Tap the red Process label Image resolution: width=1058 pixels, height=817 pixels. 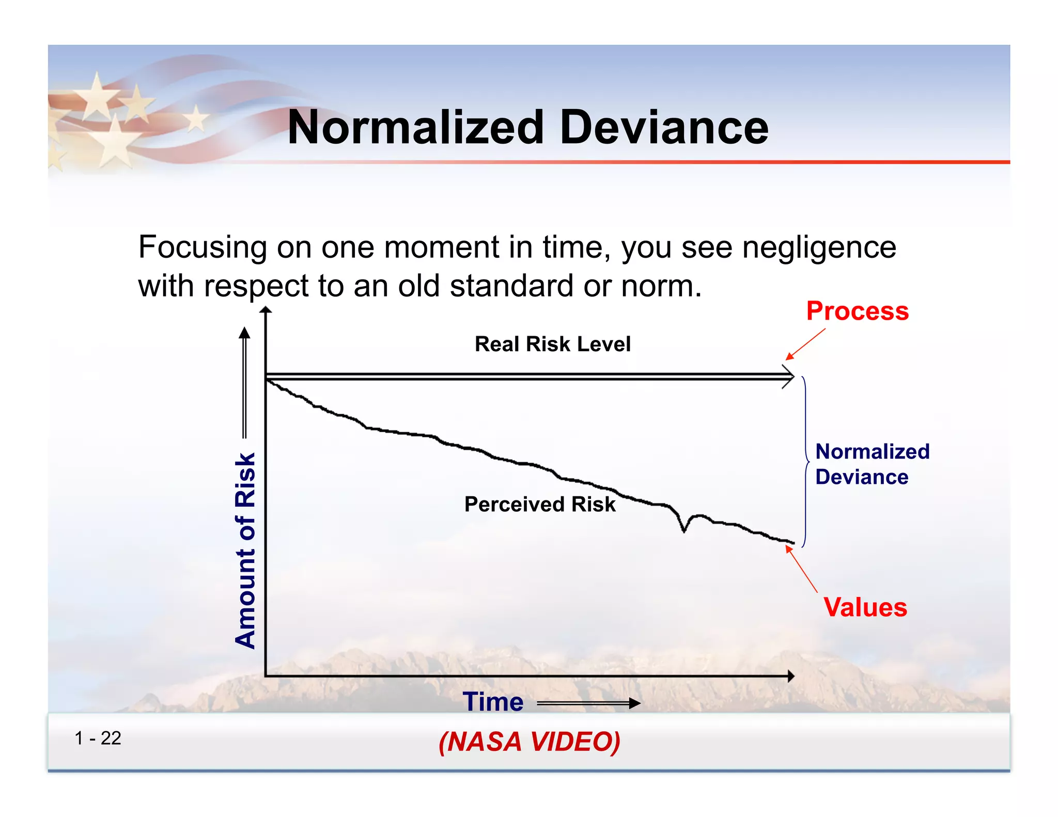[857, 311]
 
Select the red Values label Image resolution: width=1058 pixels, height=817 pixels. [865, 607]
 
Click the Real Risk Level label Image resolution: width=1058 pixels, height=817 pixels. [552, 344]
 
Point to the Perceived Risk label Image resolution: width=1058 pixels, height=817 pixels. [540, 504]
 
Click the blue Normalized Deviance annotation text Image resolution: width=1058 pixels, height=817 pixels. [872, 464]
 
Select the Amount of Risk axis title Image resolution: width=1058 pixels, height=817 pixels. [245, 550]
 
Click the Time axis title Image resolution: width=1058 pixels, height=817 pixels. [493, 702]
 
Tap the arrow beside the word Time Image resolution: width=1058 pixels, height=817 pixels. [589, 703]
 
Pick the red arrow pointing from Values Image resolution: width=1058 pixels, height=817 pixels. [801, 569]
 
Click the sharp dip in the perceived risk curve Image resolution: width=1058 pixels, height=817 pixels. [684, 528]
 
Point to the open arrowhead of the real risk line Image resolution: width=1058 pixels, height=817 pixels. [788, 377]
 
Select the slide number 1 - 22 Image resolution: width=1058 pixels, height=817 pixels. [98, 738]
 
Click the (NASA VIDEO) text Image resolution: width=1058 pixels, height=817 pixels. [529, 742]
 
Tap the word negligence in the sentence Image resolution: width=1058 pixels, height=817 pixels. [819, 247]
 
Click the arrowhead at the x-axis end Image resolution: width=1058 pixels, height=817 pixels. [790, 676]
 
